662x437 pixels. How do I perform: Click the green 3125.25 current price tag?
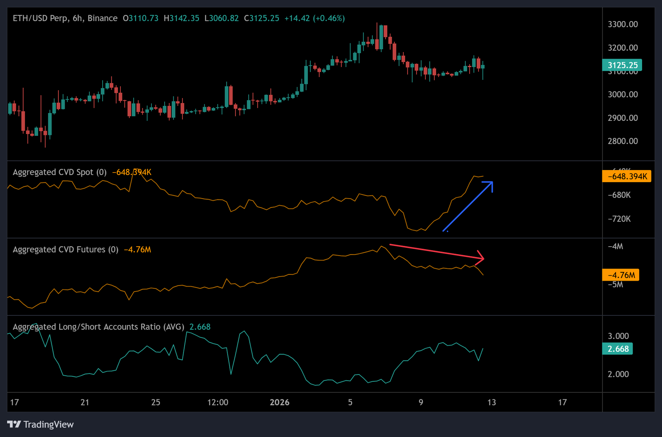[622, 65]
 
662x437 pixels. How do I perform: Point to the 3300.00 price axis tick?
[622, 24]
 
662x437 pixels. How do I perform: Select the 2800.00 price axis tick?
[622, 141]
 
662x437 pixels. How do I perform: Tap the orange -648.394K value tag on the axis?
[626, 176]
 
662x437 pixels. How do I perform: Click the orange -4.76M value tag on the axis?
[621, 275]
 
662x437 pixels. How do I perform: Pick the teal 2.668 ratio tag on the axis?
[617, 349]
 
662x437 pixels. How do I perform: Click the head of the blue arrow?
[492, 182]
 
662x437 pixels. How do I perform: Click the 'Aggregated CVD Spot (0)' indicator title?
[60, 172]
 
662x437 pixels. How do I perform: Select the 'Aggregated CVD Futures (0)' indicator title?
[65, 250]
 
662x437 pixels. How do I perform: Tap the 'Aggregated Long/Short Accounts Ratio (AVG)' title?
[98, 327]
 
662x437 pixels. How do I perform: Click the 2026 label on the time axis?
[279, 402]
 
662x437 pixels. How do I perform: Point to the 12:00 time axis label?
[218, 402]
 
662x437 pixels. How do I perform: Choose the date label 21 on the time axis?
[85, 402]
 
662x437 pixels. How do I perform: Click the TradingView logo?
[41, 425]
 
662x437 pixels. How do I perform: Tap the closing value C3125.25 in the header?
[261, 18]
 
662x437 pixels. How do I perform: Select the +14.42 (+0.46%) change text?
[314, 18]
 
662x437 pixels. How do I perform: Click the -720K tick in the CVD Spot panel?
[619, 219]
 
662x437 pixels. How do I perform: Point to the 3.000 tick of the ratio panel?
[618, 336]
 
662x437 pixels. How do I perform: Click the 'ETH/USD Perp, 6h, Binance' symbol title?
[65, 18]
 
